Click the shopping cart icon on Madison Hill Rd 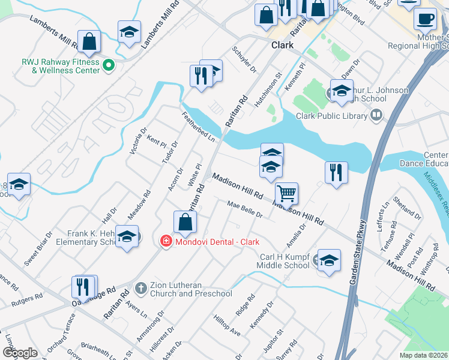pyautogui.click(x=287, y=193)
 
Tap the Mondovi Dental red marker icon pyautogui.click(x=164, y=241)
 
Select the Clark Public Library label pyautogui.click(x=331, y=116)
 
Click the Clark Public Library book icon pyautogui.click(x=376, y=114)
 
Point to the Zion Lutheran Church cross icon pyautogui.click(x=140, y=288)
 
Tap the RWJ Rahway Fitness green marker pyautogui.click(x=109, y=65)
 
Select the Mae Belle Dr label pyautogui.click(x=246, y=212)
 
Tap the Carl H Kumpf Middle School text pyautogui.click(x=284, y=260)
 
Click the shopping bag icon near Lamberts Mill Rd pyautogui.click(x=89, y=41)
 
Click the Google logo pyautogui.click(x=20, y=352)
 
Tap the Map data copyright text pyautogui.click(x=424, y=355)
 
